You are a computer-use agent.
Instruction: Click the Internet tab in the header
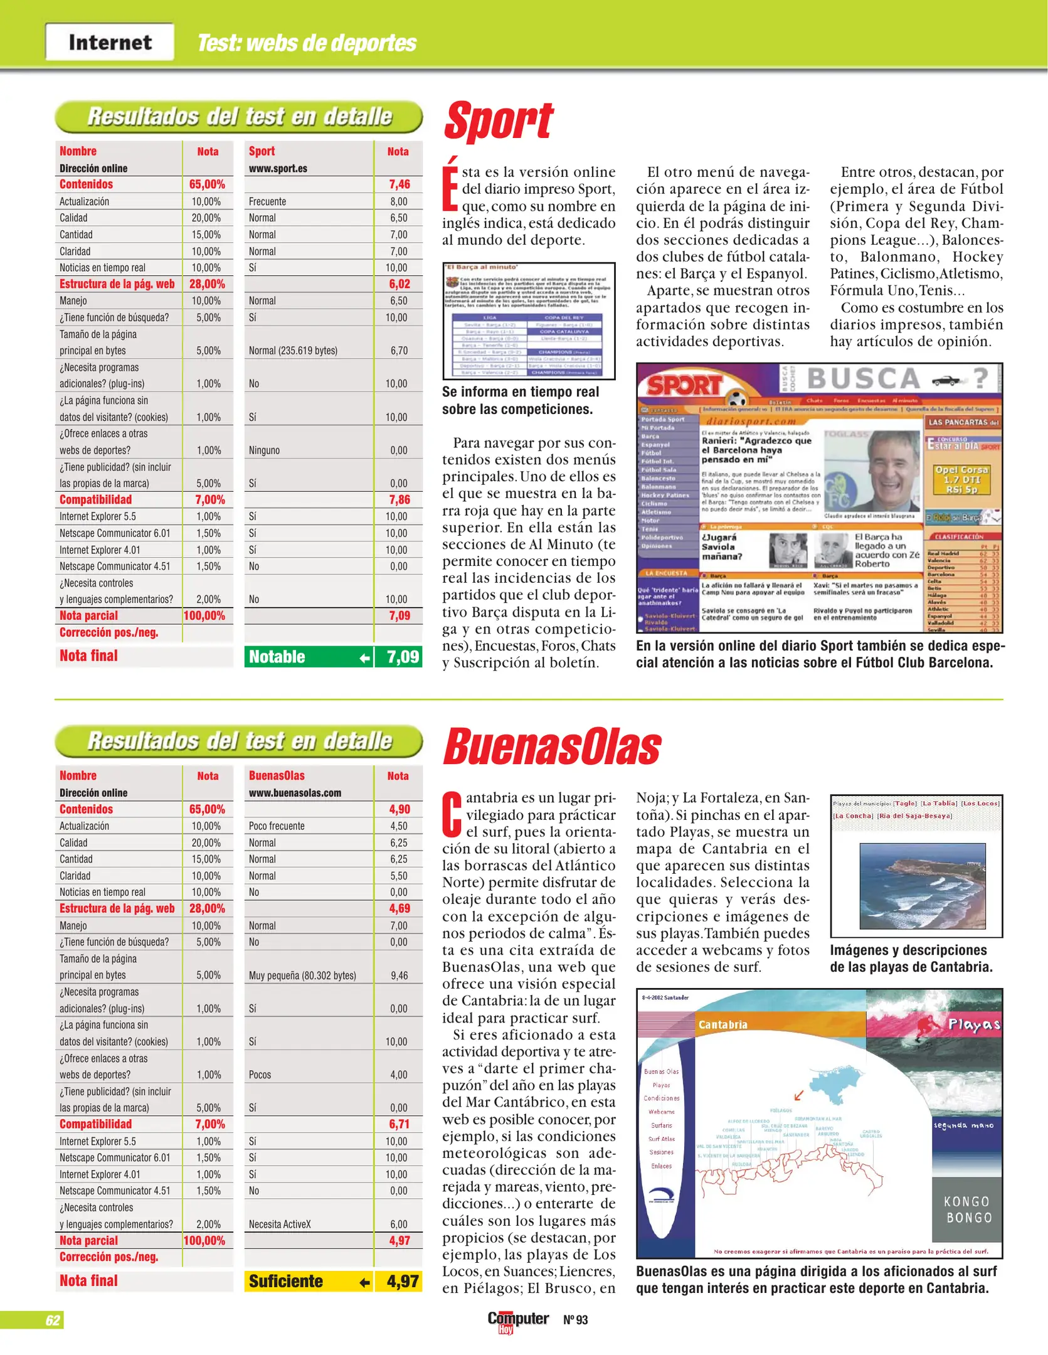[110, 42]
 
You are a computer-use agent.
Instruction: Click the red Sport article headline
[499, 121]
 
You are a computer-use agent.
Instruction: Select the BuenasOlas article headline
[552, 747]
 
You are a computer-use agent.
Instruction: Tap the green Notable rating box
[309, 657]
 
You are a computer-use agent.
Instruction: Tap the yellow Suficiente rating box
[309, 1281]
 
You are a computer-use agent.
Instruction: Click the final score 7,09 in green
[402, 657]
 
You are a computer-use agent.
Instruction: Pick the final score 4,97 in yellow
[402, 1281]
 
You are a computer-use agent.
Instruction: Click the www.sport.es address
[278, 168]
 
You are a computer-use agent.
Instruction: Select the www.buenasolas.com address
[295, 793]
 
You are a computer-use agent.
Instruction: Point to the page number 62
[53, 1320]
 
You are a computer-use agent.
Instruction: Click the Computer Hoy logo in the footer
[517, 1320]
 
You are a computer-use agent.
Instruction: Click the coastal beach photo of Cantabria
[922, 885]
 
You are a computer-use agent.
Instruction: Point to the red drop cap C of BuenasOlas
[452, 814]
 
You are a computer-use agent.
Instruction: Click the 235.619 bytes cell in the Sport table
[293, 351]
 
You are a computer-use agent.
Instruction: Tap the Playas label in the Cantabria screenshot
[973, 1024]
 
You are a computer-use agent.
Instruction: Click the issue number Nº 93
[575, 1320]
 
